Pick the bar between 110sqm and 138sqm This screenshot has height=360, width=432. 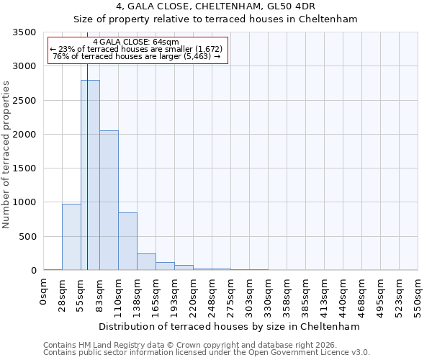coord(127,241)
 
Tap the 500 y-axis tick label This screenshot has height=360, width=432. coord(27,236)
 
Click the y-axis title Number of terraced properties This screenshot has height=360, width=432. coord(6,154)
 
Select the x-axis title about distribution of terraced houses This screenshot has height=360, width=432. coord(229,326)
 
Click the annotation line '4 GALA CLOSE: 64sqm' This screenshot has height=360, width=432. coord(136,42)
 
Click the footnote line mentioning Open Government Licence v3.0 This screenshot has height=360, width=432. coord(207,353)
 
